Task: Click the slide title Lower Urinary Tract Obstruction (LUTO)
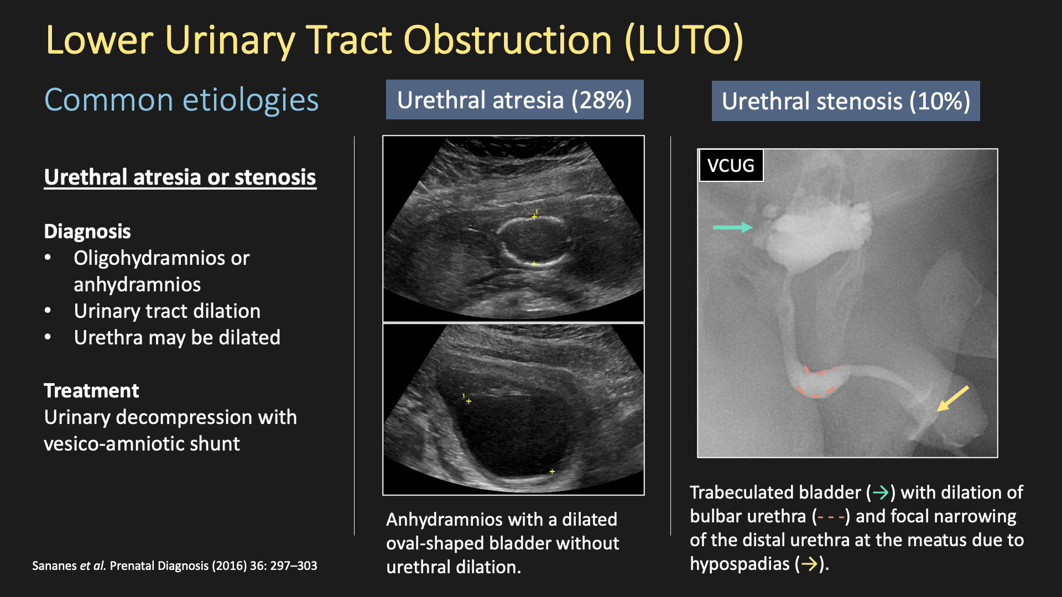pyautogui.click(x=394, y=40)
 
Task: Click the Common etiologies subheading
pyautogui.click(x=181, y=100)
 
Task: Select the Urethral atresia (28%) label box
pyautogui.click(x=514, y=99)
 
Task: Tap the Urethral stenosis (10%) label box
pyautogui.click(x=846, y=101)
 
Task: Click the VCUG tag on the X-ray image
pyautogui.click(x=731, y=165)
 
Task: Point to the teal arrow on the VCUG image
pyautogui.click(x=733, y=227)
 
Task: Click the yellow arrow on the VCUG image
pyautogui.click(x=952, y=399)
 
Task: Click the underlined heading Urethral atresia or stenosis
pyautogui.click(x=180, y=177)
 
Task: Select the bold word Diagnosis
pyautogui.click(x=87, y=231)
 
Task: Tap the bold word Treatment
pyautogui.click(x=91, y=391)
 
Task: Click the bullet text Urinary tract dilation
pyautogui.click(x=167, y=311)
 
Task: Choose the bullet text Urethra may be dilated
pyautogui.click(x=177, y=338)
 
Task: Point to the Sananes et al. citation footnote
pyautogui.click(x=175, y=565)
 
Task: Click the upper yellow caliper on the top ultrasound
pyautogui.click(x=534, y=217)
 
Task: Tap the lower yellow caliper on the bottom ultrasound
pyautogui.click(x=552, y=472)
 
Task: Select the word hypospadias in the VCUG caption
pyautogui.click(x=740, y=564)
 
